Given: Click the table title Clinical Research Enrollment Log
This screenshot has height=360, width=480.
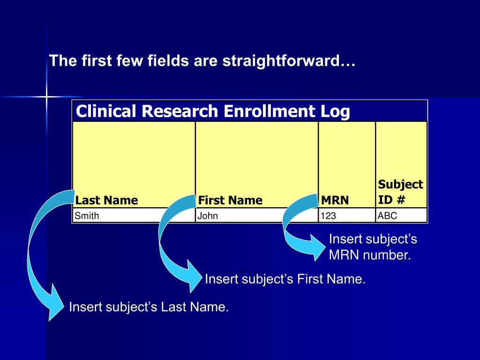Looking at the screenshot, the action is coord(213,112).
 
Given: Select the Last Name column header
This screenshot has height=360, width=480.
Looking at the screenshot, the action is coord(107,200).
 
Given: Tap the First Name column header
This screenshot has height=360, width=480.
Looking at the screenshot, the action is coord(230,200).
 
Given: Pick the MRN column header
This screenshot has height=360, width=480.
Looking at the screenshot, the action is coord(335,200).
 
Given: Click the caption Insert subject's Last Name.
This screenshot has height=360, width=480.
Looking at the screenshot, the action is coord(149,307).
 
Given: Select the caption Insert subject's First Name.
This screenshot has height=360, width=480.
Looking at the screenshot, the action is coord(285,279).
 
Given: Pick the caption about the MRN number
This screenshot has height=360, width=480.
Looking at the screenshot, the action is coord(373,247).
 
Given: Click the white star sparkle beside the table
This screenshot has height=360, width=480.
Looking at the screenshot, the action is coord(46,97).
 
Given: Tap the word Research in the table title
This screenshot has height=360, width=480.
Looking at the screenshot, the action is coord(180,112).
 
